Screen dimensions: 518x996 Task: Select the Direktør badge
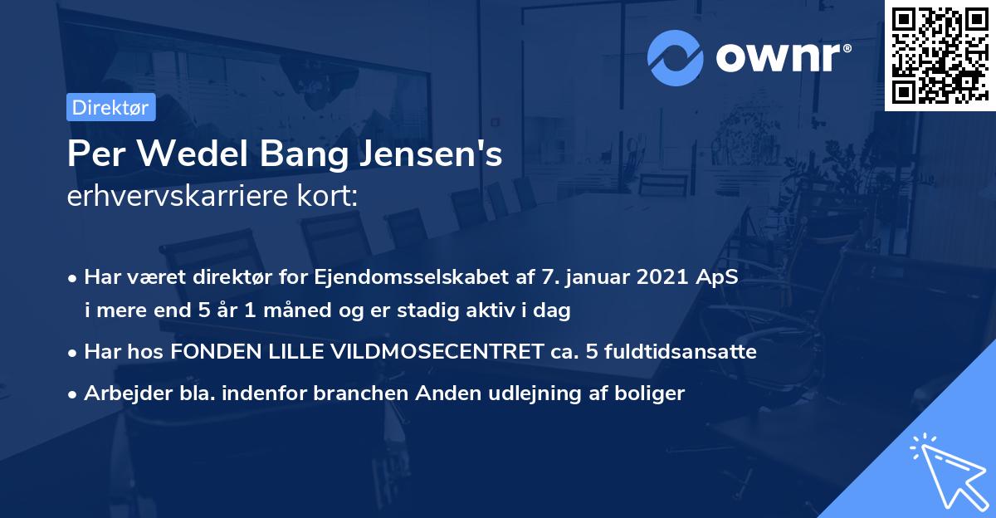tap(110, 107)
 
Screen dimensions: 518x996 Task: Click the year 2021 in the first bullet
tap(657, 276)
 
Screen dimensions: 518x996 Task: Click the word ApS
tap(716, 276)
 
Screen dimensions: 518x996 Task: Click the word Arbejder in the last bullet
tap(119, 393)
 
